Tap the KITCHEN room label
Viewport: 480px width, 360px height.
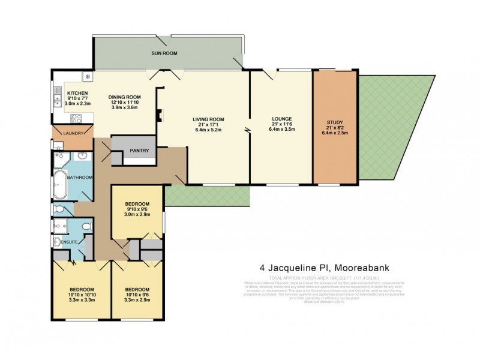tap(78, 93)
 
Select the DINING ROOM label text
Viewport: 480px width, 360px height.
tap(124, 97)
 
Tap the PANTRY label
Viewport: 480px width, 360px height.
tap(139, 150)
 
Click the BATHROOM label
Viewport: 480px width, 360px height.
tap(79, 178)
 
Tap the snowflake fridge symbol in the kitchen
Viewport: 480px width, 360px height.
tap(88, 77)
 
